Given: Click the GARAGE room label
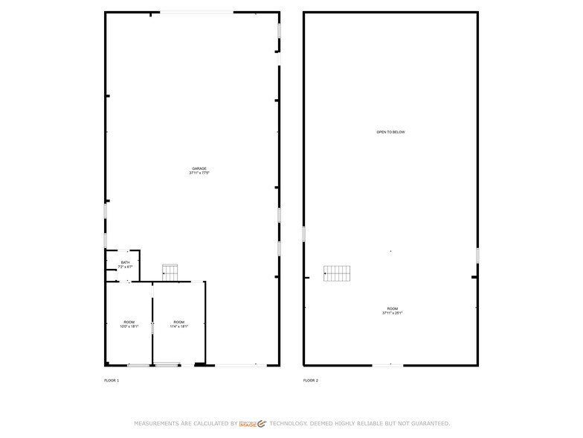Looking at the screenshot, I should coord(199,168).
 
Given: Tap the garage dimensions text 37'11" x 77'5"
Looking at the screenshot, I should coord(199,174).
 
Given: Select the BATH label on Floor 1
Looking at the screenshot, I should coord(125,262).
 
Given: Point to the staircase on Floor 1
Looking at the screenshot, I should coord(170,273).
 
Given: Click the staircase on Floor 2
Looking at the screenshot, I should coord(337,273).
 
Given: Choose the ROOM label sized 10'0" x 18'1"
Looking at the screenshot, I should coord(129,322).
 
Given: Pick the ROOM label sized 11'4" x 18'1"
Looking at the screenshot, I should coord(178,322).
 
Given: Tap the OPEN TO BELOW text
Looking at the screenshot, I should coord(390,132).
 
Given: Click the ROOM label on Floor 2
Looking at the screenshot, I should coord(392,308).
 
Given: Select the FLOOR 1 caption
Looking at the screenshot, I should coord(111,381).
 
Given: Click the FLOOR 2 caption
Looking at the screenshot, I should coord(310,381).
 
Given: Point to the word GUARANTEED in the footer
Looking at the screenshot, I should coord(426,423).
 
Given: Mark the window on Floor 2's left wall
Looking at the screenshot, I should coord(304,234).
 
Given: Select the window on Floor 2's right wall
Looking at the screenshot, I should coord(477,255).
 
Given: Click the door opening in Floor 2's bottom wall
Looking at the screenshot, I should coord(387,365).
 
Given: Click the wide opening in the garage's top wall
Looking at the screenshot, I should coord(196,12).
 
